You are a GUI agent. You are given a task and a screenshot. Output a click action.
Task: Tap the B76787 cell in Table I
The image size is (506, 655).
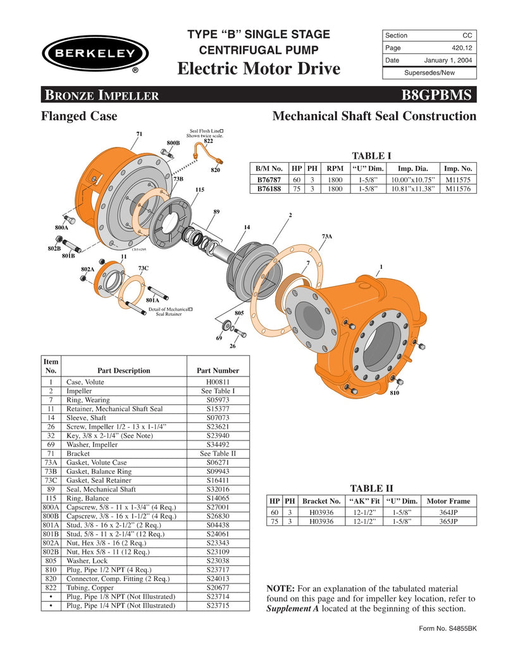coord(269,180)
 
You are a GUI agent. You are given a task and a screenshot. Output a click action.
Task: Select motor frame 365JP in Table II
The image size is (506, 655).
coord(449,521)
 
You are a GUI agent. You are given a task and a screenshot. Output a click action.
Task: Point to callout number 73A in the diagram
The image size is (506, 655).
coord(327,236)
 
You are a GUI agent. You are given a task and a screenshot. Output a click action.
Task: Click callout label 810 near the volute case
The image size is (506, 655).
coord(394,392)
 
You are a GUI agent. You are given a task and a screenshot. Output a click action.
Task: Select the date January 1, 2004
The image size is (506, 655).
coord(441,60)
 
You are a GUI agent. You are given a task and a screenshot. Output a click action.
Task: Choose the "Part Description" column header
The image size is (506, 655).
coord(124,370)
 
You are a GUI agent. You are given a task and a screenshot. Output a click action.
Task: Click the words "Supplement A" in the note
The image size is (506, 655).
coord(297,608)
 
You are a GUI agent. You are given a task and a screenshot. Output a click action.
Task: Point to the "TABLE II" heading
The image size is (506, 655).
coord(371,488)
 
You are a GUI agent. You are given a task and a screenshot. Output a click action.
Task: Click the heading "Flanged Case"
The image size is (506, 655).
coord(79,116)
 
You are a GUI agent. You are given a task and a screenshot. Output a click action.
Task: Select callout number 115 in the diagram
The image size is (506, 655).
coord(199,189)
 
